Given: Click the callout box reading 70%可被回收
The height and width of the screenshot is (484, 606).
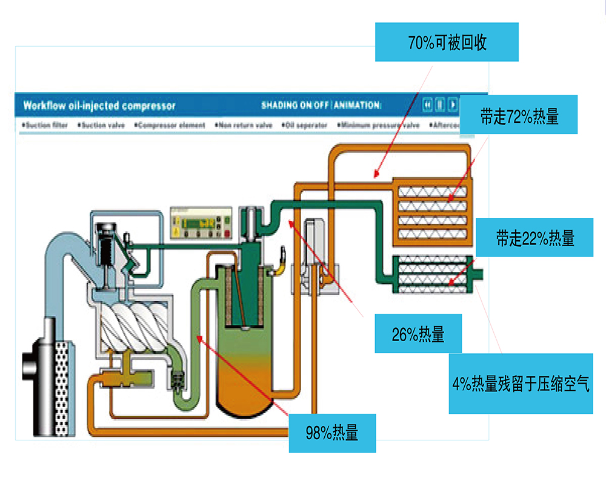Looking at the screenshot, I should pos(447,42).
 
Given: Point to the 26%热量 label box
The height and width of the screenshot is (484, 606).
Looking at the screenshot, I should pos(418,333).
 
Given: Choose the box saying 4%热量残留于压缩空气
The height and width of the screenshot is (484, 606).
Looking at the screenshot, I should pos(521,384).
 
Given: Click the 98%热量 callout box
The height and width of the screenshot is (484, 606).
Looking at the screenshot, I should pos(331,433).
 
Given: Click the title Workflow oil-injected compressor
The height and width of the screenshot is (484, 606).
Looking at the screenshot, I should pos(99,105).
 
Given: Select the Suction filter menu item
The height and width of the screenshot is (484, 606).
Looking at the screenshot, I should pos(45,125).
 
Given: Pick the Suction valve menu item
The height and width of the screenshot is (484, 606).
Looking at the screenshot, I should pos(101,125).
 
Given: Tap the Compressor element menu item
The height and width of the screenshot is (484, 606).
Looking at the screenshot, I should pos(170,125).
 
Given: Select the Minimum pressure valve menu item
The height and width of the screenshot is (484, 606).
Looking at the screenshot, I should pos(379,125).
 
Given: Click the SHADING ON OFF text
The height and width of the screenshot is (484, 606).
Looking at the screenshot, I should pos(295,105).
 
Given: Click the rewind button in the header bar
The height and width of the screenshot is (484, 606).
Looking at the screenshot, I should pos(428,105).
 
